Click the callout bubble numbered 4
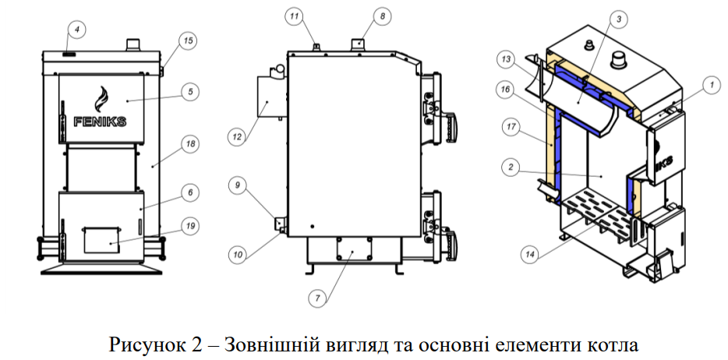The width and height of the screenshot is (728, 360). pos(76,30)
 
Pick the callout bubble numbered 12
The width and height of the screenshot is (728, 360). pos(237,136)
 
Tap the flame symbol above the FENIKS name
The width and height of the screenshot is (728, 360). pos(99,97)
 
